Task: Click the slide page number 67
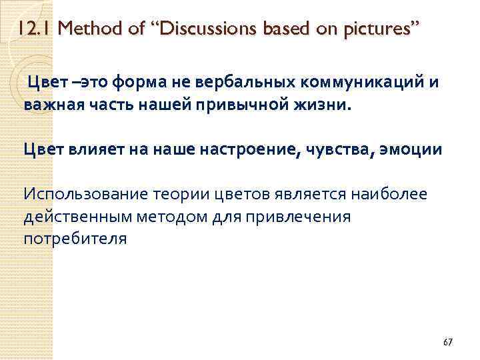(447, 342)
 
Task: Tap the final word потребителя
(74, 238)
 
